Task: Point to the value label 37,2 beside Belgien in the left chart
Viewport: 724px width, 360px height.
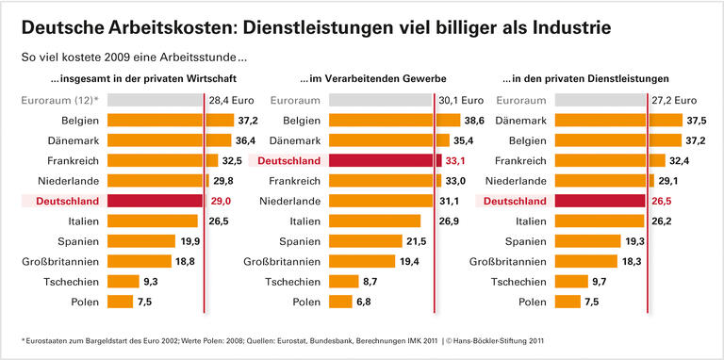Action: (x=248, y=121)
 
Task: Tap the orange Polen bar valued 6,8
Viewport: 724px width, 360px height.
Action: (x=340, y=302)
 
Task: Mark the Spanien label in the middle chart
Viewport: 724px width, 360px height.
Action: (x=299, y=241)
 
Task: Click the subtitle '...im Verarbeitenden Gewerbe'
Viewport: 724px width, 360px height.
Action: (x=373, y=78)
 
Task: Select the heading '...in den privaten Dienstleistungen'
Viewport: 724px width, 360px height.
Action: (x=599, y=78)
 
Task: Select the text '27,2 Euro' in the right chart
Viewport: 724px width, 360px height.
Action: (x=674, y=100)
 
